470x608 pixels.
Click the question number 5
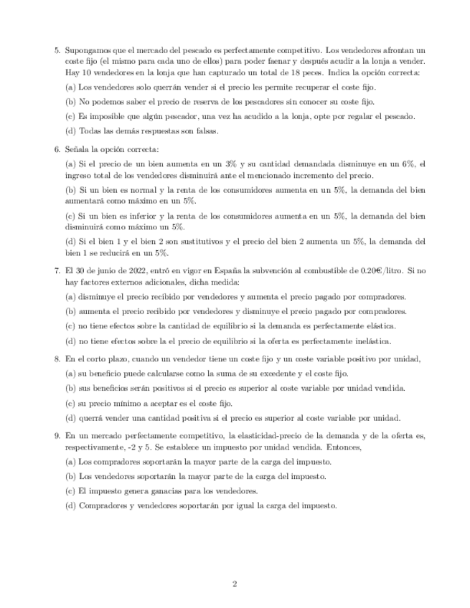[57, 51]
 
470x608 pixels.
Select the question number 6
[57, 149]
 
